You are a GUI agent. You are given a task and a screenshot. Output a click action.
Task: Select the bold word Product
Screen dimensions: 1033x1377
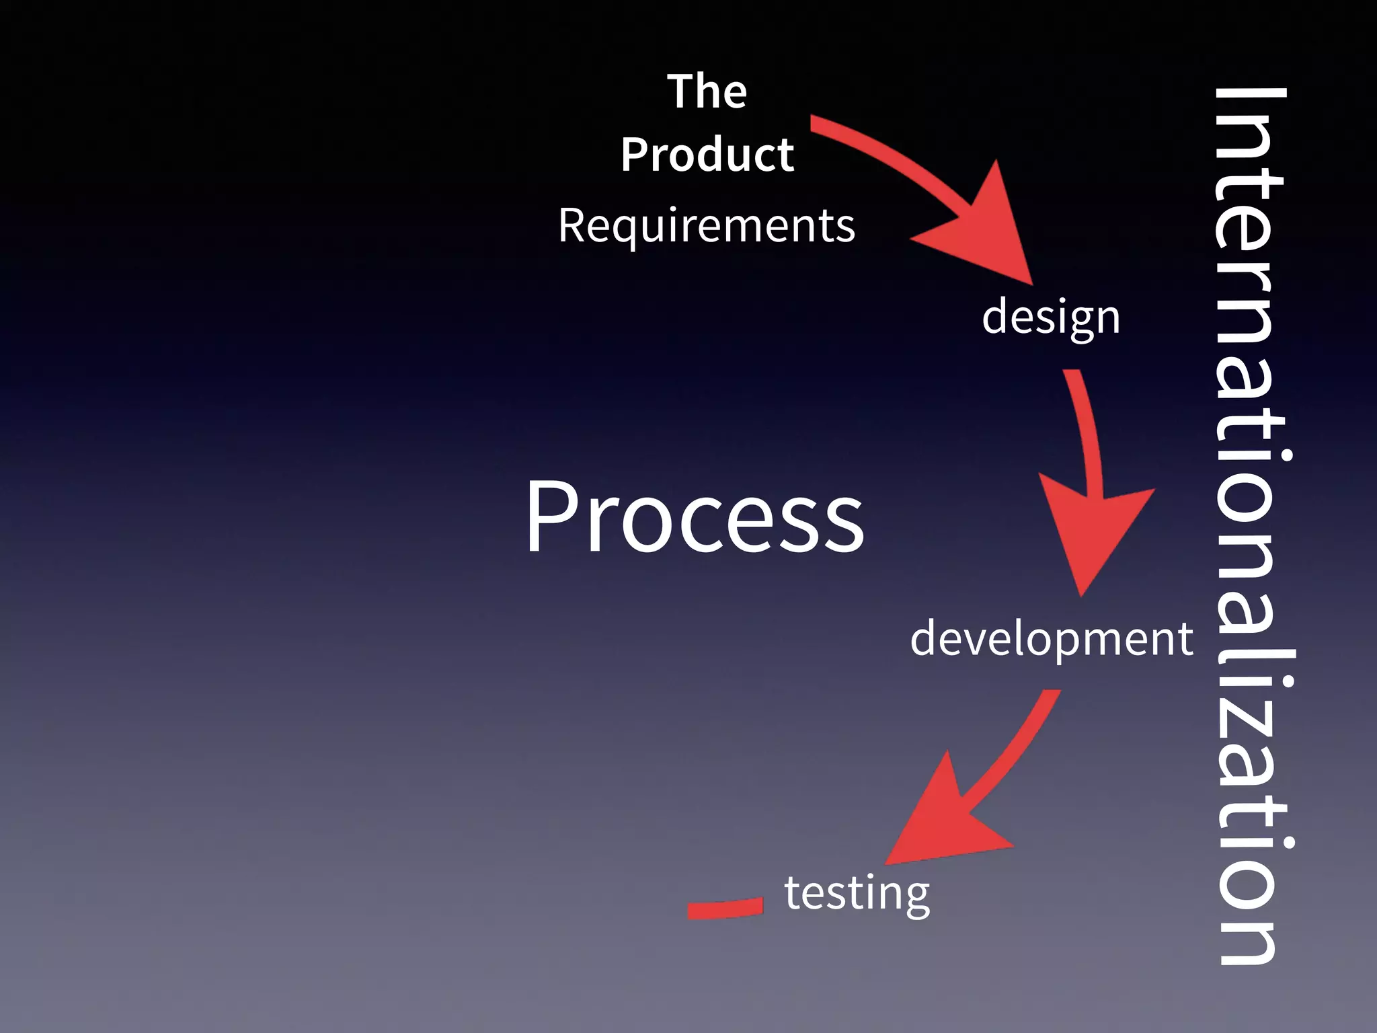pyautogui.click(x=707, y=155)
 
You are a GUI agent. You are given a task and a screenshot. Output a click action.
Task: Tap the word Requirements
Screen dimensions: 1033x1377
pyautogui.click(x=707, y=226)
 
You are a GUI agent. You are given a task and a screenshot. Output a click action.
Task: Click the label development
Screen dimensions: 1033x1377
pyautogui.click(x=1052, y=638)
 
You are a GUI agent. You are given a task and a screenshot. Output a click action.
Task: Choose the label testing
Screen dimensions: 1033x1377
pyautogui.click(x=857, y=893)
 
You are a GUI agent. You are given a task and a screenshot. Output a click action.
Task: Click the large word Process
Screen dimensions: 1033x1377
pyautogui.click(x=695, y=518)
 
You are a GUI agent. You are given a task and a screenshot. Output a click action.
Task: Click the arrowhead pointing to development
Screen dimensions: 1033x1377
pyautogui.click(x=1089, y=531)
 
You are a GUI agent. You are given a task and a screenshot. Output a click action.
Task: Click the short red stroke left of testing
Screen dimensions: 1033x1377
pyautogui.click(x=725, y=908)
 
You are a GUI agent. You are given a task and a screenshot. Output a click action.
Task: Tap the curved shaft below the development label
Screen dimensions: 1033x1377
pyautogui.click(x=1015, y=747)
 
